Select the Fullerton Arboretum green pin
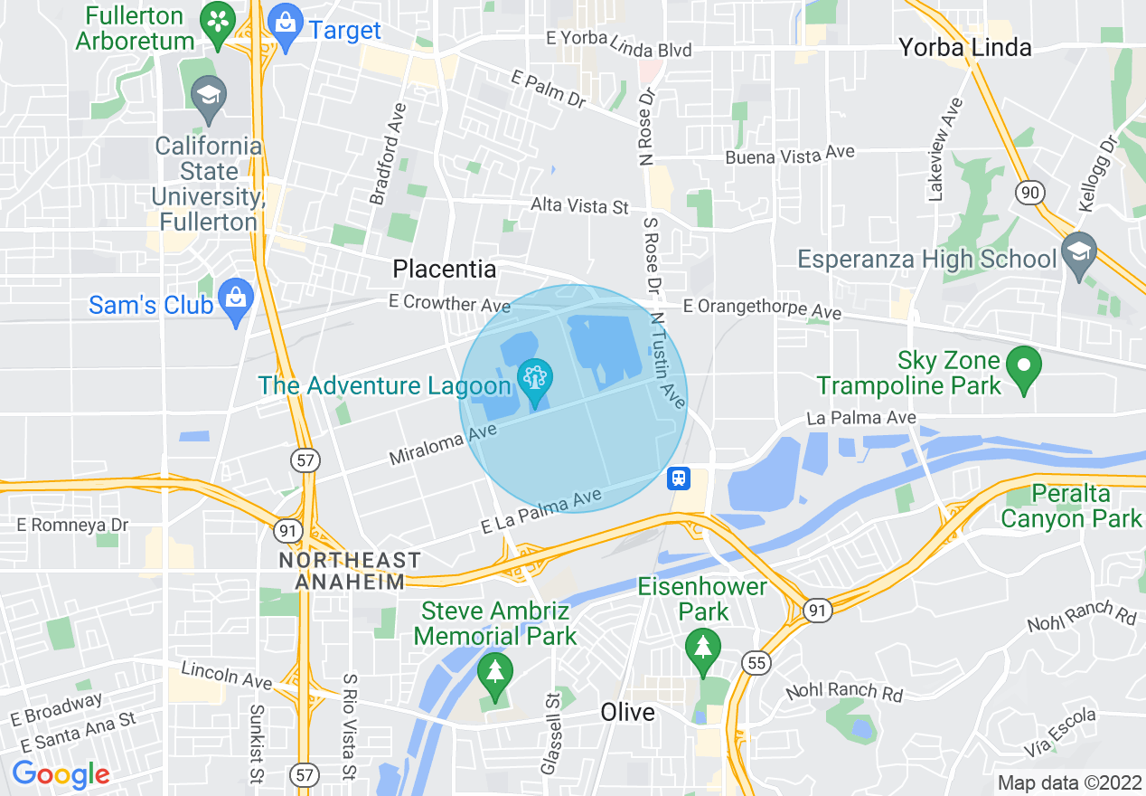[x=217, y=25]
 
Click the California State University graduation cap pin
[x=210, y=99]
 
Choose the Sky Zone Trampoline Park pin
[x=1024, y=369]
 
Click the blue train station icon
[x=679, y=478]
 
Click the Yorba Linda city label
[x=964, y=48]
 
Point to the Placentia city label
[x=445, y=269]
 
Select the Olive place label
[x=627, y=712]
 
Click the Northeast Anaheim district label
[x=350, y=571]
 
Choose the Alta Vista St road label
[x=579, y=206]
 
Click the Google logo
[x=61, y=774]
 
